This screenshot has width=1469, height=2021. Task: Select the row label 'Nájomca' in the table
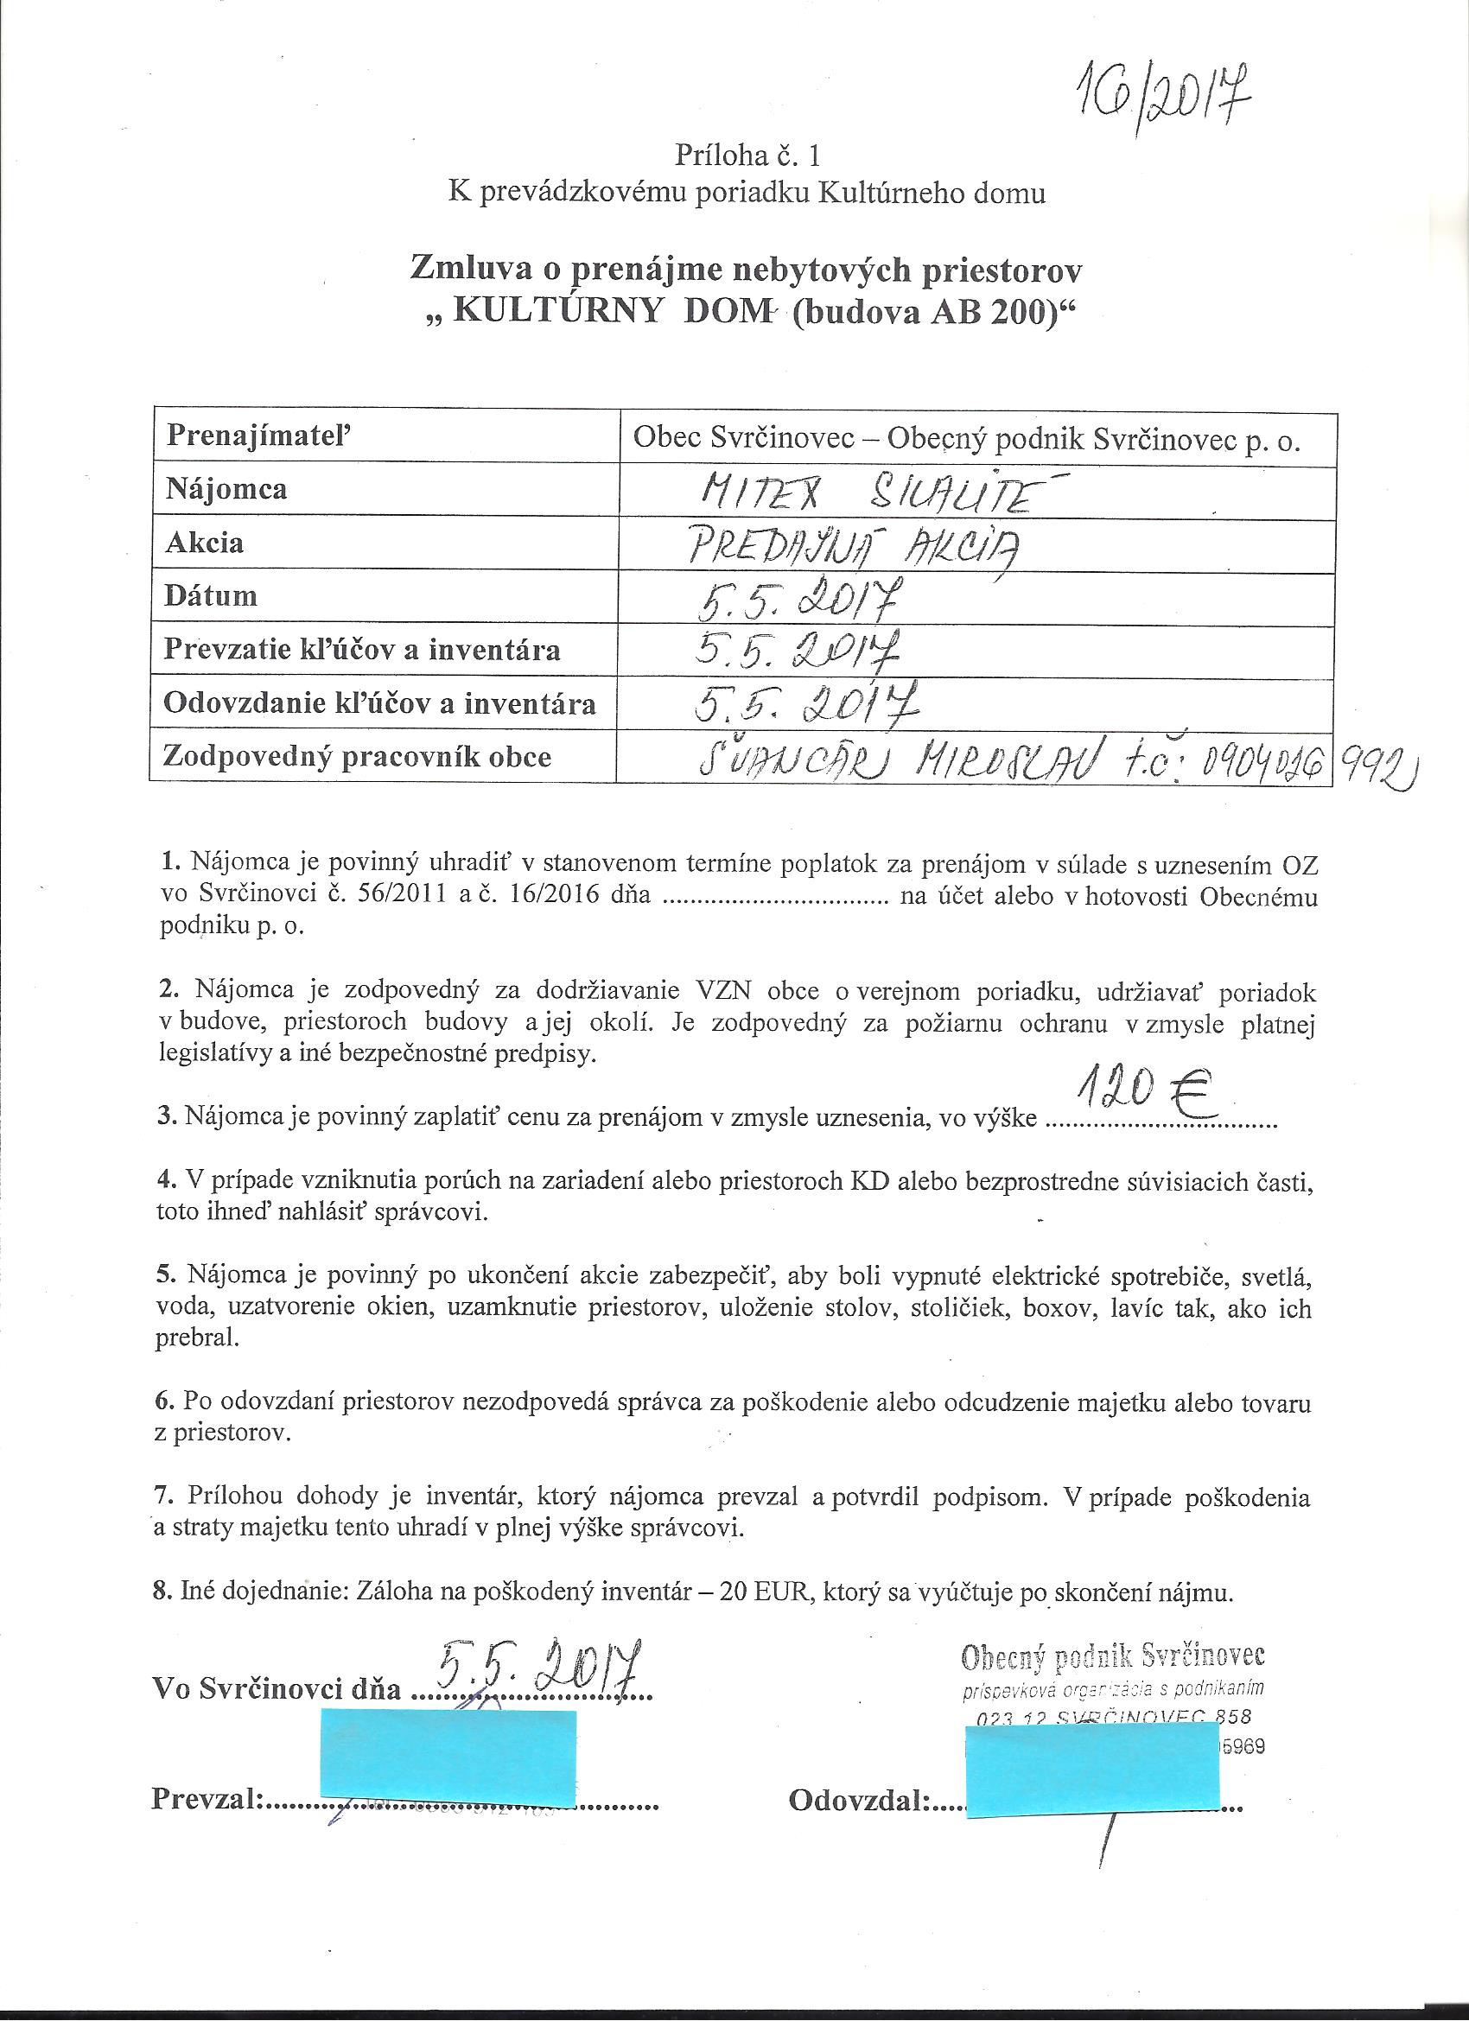click(226, 489)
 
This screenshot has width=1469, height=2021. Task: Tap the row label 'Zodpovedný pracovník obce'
click(358, 757)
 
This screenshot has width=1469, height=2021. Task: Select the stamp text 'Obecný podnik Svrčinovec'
click(1112, 1656)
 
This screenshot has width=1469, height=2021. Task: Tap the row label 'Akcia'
click(204, 543)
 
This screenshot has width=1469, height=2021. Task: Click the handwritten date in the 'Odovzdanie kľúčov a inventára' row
click(802, 707)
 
